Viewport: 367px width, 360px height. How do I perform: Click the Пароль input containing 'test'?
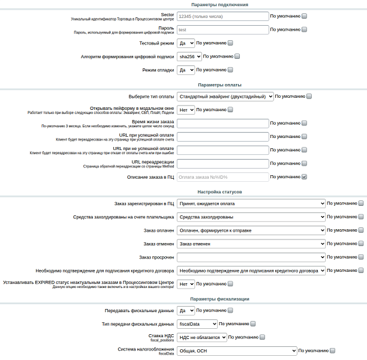pos(222,29)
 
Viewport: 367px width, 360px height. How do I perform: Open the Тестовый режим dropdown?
pos(186,43)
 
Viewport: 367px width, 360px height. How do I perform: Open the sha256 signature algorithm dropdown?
pos(189,56)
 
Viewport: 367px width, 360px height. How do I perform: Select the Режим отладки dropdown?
pos(186,70)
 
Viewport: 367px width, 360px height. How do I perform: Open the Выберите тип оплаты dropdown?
pos(225,96)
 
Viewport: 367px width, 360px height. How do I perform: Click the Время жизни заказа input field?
pos(222,124)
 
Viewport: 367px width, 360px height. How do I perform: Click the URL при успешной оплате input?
pos(222,137)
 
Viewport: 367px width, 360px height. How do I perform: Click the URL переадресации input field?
pos(222,163)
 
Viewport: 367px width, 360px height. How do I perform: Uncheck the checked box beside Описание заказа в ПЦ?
pos(304,177)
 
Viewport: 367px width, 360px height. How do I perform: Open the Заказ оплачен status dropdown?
pos(251,230)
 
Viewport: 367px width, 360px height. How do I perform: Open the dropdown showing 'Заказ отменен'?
pos(251,244)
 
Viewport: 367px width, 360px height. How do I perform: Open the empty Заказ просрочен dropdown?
pos(251,257)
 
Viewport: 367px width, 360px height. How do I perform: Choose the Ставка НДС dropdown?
pos(202,337)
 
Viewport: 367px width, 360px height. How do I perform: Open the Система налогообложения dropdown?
pos(237,351)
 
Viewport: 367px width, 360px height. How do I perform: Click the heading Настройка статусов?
pos(219,192)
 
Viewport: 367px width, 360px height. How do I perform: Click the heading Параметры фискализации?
pos(219,299)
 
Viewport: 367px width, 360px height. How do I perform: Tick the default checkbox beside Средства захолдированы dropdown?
pos(360,217)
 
